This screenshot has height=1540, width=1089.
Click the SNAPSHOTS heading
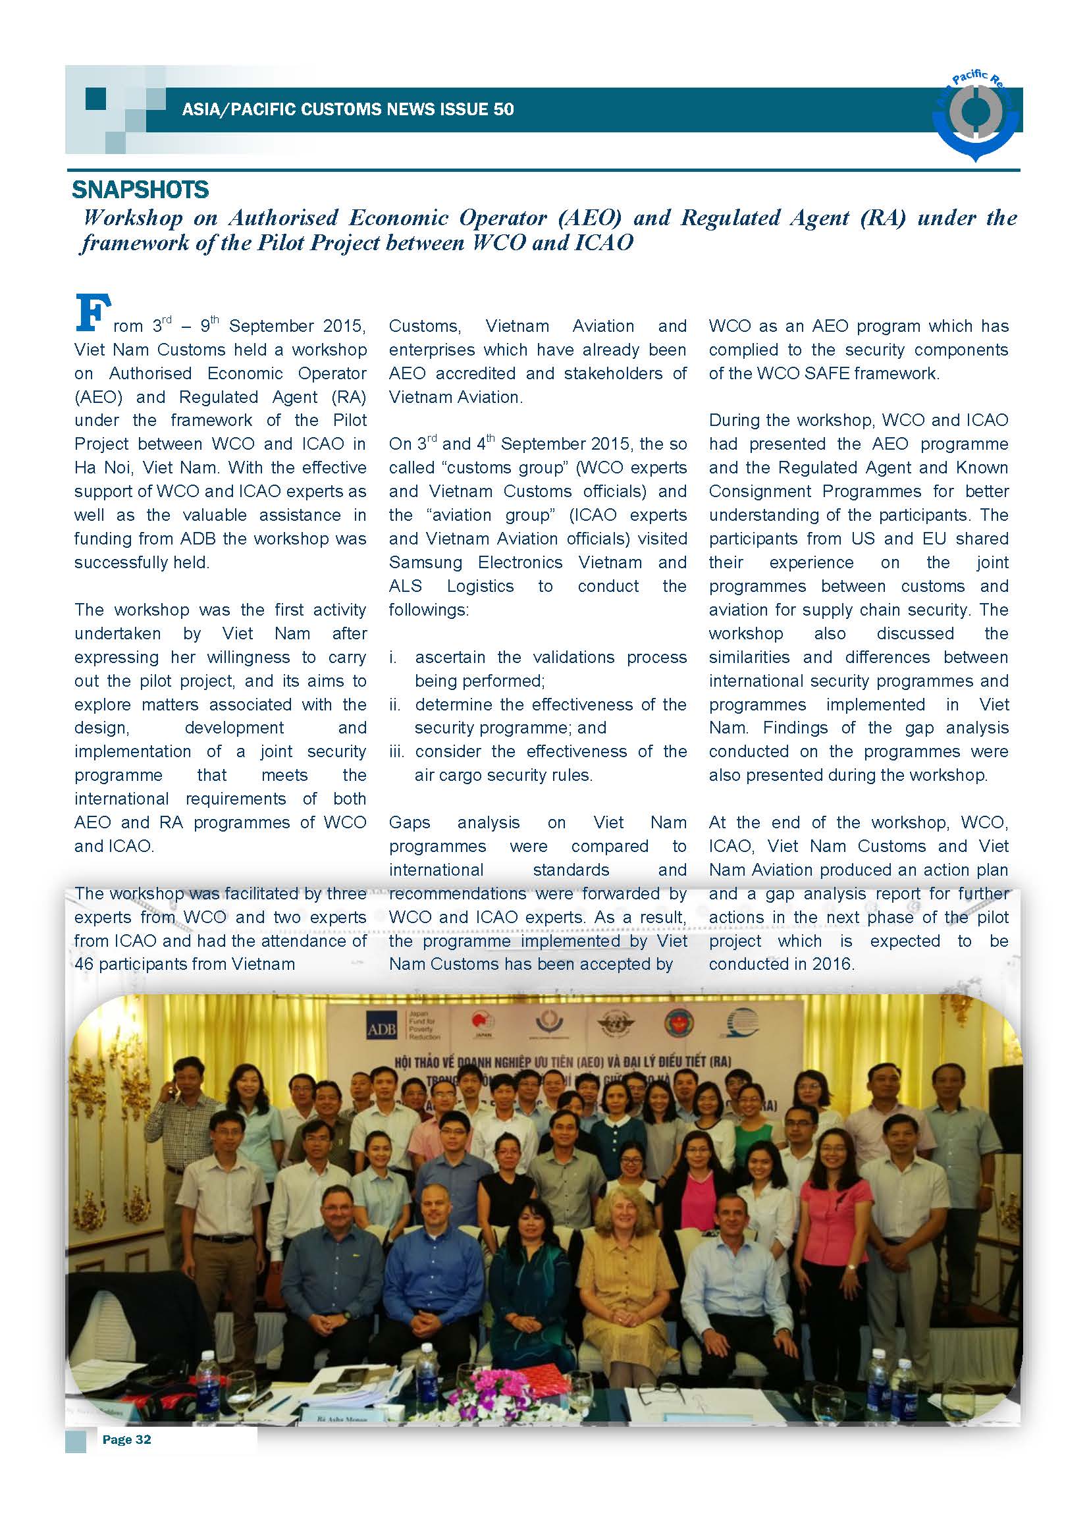pyautogui.click(x=140, y=190)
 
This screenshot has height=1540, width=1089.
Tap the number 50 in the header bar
pyautogui.click(x=504, y=109)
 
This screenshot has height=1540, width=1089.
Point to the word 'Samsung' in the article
pyautogui.click(x=425, y=562)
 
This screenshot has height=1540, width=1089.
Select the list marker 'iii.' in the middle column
pyautogui.click(x=397, y=751)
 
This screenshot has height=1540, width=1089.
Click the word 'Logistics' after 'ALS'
pyautogui.click(x=480, y=585)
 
